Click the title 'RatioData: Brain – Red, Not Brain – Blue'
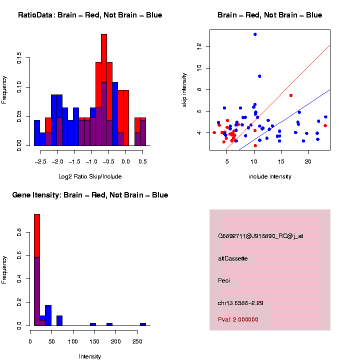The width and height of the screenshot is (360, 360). (x=90, y=15)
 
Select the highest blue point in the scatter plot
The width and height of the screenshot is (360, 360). (x=255, y=34)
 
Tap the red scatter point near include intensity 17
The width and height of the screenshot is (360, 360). (x=291, y=95)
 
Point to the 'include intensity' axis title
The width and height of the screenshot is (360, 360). (x=269, y=176)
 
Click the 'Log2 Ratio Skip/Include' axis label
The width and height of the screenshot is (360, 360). (x=89, y=176)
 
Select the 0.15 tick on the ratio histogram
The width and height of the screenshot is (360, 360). (x=19, y=59)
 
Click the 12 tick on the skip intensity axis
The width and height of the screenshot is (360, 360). (x=199, y=46)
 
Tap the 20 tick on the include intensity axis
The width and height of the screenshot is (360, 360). (x=308, y=161)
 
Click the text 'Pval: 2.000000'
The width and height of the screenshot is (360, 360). (x=238, y=319)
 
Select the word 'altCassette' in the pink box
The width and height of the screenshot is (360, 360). (x=233, y=258)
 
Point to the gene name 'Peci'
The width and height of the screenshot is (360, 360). (x=224, y=280)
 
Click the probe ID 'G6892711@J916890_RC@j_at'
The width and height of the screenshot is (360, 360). (x=260, y=236)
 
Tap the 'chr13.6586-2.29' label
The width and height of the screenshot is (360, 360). (x=241, y=303)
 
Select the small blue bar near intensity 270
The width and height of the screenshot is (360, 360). (x=143, y=324)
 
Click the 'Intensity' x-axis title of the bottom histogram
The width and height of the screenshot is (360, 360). (x=90, y=356)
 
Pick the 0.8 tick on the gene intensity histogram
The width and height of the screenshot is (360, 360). (x=19, y=232)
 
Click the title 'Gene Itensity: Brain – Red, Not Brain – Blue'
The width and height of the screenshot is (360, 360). (x=90, y=195)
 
